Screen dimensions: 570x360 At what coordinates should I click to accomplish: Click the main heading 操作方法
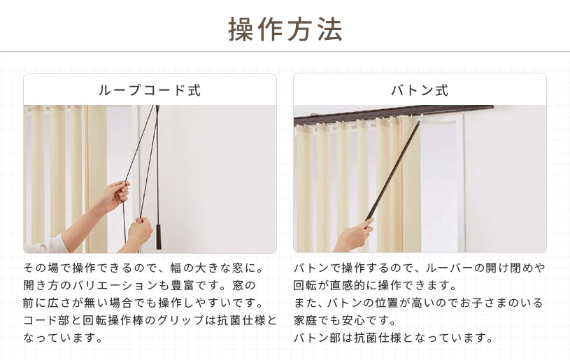285,29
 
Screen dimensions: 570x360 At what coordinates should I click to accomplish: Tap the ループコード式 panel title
150,90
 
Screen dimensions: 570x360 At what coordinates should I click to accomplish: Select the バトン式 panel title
420,90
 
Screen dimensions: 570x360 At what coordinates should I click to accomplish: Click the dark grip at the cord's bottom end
159,237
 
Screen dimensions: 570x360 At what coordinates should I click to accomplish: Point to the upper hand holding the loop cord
115,196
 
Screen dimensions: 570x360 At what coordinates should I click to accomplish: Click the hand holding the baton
355,236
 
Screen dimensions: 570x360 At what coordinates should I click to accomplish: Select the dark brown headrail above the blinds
392,113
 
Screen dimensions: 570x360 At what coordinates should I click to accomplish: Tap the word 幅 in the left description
176,268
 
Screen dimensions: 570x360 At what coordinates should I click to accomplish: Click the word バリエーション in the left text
115,285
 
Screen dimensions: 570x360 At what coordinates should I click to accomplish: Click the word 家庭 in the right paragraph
306,320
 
